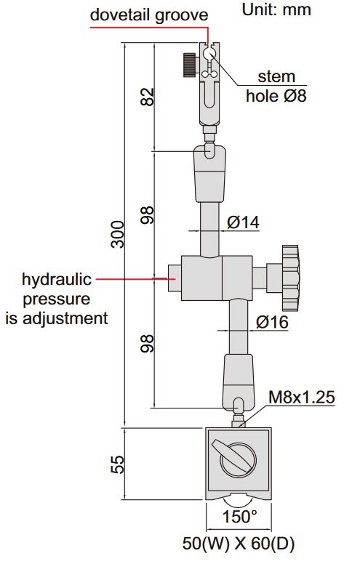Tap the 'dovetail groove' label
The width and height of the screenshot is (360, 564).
tap(148, 14)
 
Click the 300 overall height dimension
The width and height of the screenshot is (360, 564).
tap(117, 234)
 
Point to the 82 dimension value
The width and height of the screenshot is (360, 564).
tap(148, 97)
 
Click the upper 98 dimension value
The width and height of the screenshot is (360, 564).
tap(148, 215)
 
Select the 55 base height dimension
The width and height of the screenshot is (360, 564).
tap(117, 464)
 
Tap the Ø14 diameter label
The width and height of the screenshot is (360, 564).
tap(243, 222)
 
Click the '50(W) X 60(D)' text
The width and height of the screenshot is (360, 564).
tap(239, 543)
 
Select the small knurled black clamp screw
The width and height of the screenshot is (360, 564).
tap(191, 64)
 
